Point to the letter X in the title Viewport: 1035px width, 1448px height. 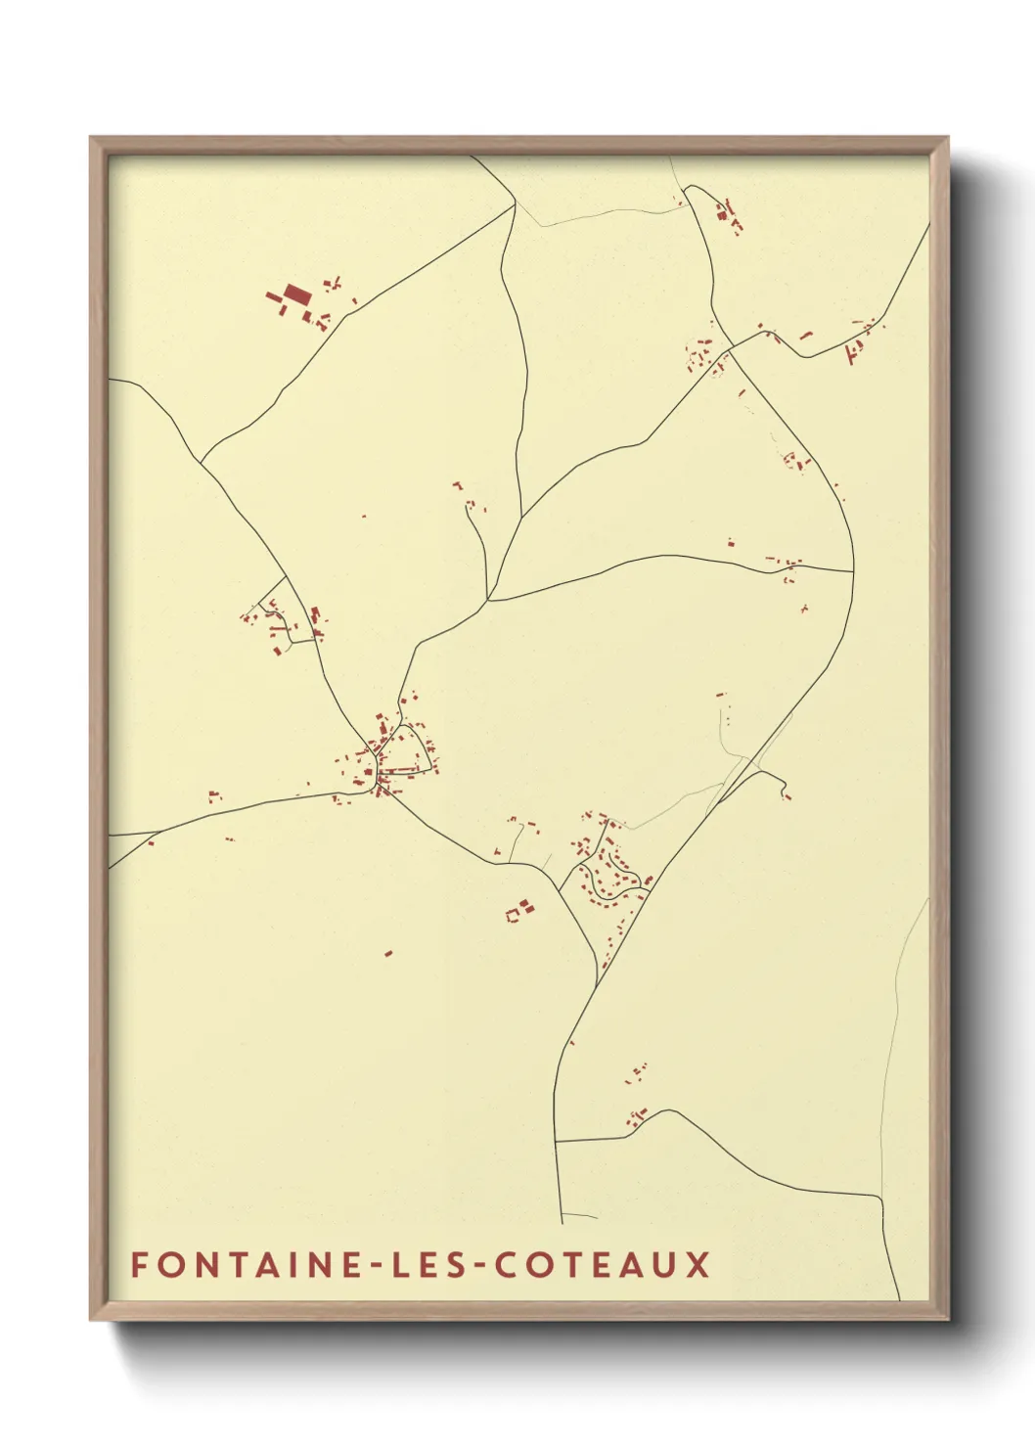(697, 1265)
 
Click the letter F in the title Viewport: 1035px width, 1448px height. (139, 1265)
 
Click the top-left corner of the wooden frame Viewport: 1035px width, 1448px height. (91, 138)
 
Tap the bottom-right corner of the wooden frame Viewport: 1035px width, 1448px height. (947, 1319)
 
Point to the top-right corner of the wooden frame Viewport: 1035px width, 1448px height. (947, 138)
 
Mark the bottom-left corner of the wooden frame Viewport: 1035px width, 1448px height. (91, 1319)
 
